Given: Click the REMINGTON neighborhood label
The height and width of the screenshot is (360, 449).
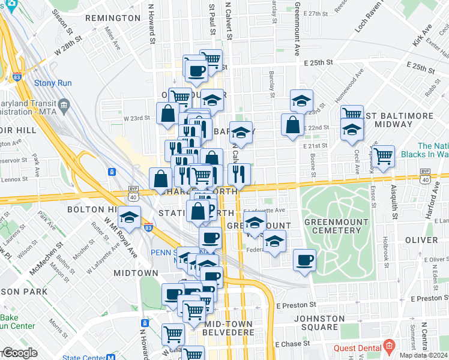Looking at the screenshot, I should (x=113, y=19).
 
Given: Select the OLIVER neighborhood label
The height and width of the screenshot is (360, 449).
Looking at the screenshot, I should (x=421, y=240).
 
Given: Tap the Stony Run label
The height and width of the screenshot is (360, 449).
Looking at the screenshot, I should (x=53, y=83).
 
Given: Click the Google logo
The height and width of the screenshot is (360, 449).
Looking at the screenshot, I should (x=20, y=353).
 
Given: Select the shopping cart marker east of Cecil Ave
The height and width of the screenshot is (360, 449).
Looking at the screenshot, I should (x=384, y=156).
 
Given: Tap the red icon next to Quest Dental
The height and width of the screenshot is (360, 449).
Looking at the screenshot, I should (x=389, y=346).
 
